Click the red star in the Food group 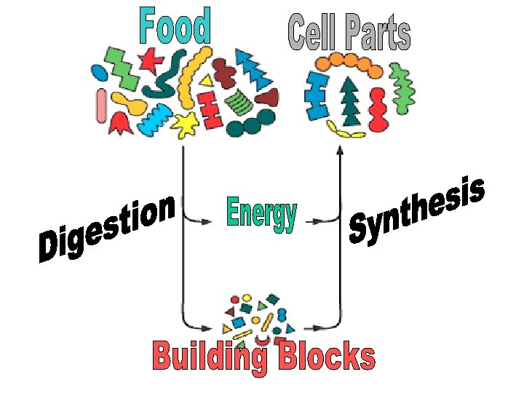pos(151,60)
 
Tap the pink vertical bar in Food pos(101,105)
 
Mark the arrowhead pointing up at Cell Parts pos(339,150)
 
